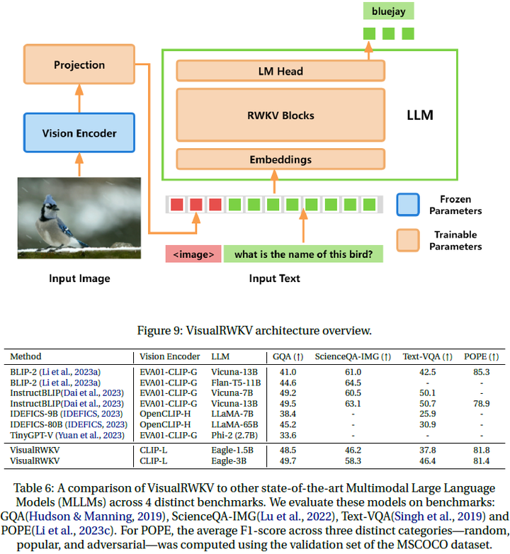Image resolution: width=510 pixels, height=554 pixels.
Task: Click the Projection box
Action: (79, 64)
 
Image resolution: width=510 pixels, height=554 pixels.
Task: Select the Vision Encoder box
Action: (79, 132)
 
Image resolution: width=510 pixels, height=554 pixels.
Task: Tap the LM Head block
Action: (280, 71)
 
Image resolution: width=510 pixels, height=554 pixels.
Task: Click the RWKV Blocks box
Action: (280, 115)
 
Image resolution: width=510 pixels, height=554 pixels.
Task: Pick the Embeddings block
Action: (280, 159)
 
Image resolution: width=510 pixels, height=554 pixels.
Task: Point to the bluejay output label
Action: (388, 11)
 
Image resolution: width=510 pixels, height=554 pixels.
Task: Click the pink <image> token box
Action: (193, 254)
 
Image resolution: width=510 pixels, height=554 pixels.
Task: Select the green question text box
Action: (303, 254)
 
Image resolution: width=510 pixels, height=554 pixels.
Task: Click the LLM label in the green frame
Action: (419, 114)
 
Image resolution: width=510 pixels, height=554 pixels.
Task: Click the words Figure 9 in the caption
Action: (176, 331)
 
